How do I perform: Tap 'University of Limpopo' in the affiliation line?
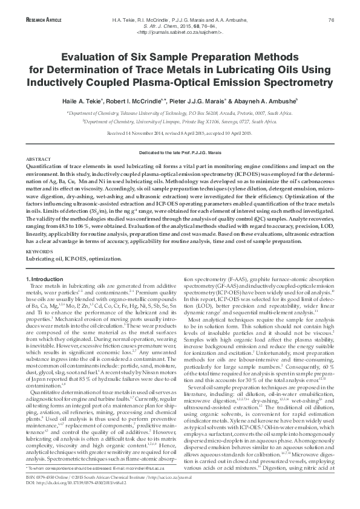click(x=160, y=122)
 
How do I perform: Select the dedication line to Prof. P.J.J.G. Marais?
click(x=180, y=154)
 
